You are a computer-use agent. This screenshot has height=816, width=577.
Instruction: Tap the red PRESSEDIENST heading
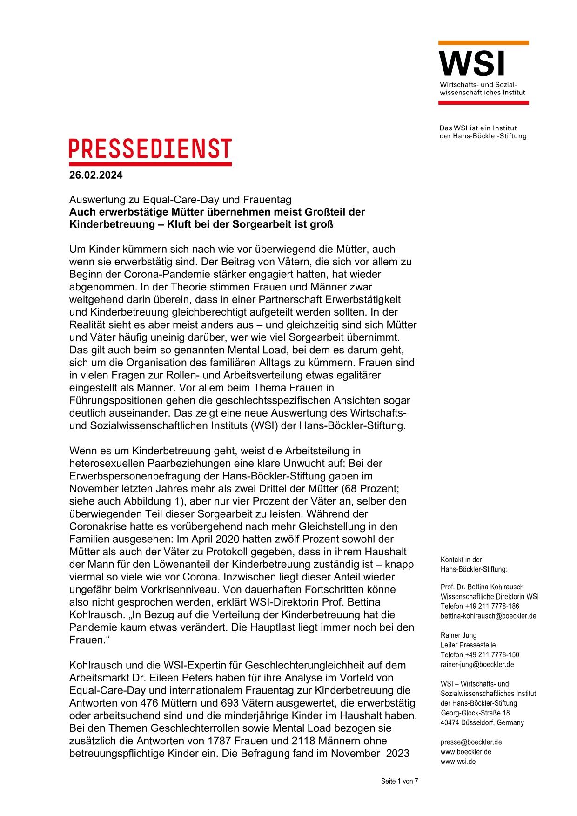pyautogui.click(x=150, y=149)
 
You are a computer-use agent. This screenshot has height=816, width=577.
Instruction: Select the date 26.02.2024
pyautogui.click(x=96, y=175)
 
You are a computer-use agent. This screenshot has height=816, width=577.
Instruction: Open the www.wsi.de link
pyautogui.click(x=458, y=762)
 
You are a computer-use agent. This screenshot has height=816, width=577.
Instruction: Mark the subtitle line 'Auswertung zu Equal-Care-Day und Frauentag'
pyautogui.click(x=180, y=200)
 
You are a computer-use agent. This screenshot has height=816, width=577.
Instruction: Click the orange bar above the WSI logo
pyautogui.click(x=483, y=43)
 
